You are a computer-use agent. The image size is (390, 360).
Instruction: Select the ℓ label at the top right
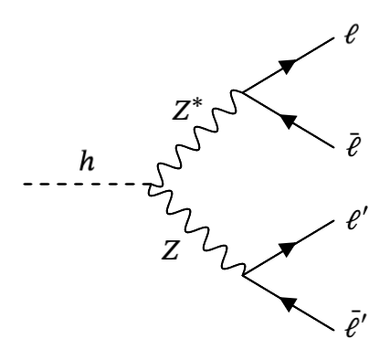(356, 40)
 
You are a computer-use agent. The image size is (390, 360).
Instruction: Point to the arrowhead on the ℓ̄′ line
(289, 300)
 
